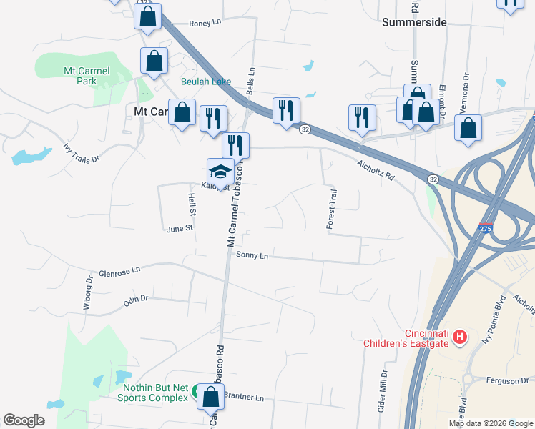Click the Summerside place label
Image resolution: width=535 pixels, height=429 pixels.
click(x=414, y=22)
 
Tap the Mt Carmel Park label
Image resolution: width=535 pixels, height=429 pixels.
click(x=80, y=76)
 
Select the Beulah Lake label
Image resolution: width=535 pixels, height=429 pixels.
click(x=205, y=82)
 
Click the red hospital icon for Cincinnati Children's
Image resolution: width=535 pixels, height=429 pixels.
click(x=461, y=336)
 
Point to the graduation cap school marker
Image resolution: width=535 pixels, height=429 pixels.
click(x=220, y=172)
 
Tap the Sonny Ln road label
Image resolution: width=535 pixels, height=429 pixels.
click(x=252, y=255)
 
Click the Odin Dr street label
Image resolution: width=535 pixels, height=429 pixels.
click(x=135, y=300)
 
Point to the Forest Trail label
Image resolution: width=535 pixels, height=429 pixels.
click(x=332, y=209)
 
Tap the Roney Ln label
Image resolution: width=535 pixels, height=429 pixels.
click(x=206, y=24)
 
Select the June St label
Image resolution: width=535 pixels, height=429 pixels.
click(x=180, y=229)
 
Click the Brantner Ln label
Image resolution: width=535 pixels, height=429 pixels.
click(x=244, y=397)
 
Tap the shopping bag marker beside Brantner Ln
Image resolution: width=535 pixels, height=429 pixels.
click(x=210, y=398)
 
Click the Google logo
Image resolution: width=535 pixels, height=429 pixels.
click(x=24, y=420)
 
